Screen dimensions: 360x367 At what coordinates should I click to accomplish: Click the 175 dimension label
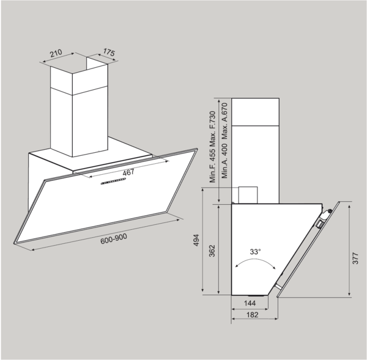[110, 53]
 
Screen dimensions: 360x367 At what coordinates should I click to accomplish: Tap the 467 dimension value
[128, 173]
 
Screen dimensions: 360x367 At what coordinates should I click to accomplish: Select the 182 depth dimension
[253, 315]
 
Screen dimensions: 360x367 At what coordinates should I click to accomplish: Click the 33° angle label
[255, 251]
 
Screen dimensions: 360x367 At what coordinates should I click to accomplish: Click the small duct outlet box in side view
[248, 195]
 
